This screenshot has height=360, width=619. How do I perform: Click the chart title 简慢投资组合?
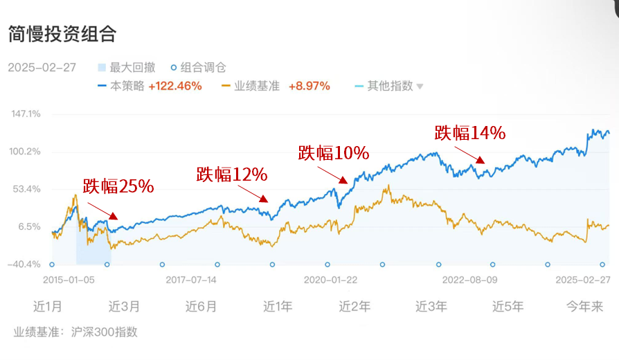pos(62,34)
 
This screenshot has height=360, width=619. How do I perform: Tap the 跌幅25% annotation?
pos(118,186)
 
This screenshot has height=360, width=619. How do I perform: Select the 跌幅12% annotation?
pos(231,174)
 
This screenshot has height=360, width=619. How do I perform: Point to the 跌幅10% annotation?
pos(333,153)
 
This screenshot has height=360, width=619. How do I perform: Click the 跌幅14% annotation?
pos(470,133)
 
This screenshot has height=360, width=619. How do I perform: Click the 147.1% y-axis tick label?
pos(26,114)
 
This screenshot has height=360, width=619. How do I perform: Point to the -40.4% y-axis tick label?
pos(24,264)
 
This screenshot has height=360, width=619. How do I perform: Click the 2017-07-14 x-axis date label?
pos(192,280)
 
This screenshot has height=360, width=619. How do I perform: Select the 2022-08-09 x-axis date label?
pos(471,280)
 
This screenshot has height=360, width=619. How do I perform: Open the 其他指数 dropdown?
pos(395,86)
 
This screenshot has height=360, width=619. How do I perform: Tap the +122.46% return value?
pos(175,86)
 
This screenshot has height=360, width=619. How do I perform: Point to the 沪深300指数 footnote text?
pos(105,332)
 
